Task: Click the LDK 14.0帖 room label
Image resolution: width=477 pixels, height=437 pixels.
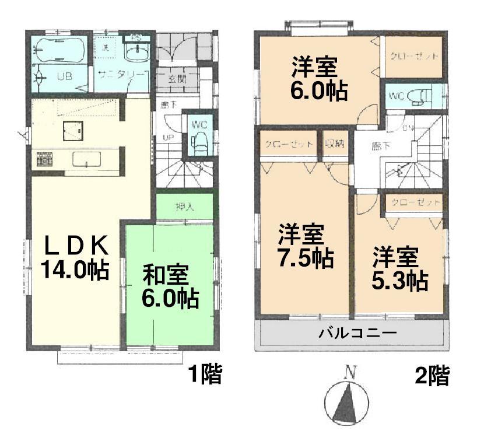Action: pos(74,257)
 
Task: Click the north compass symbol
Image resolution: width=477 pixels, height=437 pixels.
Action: pos(349,401)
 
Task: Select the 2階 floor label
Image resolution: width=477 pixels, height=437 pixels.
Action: pos(432,376)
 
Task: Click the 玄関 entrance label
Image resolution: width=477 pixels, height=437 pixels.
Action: pos(178,79)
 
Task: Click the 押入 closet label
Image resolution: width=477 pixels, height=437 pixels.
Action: pos(185,206)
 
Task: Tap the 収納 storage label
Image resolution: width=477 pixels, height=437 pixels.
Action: pos(335,144)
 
